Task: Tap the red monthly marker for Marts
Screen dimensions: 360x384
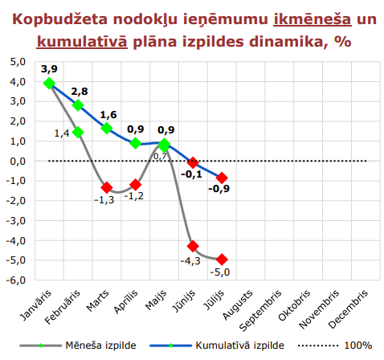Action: coord(107,187)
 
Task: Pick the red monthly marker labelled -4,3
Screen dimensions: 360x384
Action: coord(193,246)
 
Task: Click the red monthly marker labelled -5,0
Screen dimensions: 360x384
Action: coord(222,260)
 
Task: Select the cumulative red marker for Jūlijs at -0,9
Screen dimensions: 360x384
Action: coord(222,178)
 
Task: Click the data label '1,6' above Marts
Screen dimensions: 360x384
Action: coord(108,115)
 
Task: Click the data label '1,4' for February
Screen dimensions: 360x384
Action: coord(62,133)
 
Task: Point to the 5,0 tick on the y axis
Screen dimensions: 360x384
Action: coord(18,62)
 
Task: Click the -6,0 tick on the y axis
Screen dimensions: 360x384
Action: coord(16,280)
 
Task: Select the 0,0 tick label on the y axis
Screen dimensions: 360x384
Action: coord(18,161)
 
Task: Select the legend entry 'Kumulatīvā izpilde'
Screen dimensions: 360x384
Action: coord(237,345)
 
